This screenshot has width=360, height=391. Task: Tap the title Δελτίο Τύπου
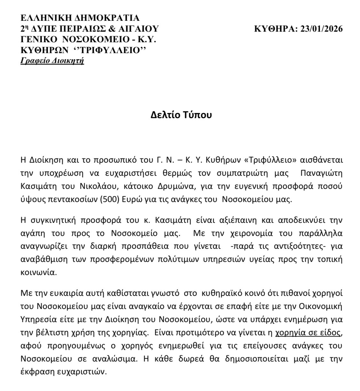[181, 115]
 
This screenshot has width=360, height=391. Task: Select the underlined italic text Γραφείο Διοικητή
[52, 61]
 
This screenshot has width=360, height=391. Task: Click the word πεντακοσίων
[76, 199]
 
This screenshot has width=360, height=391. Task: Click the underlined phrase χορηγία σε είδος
[308, 332]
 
